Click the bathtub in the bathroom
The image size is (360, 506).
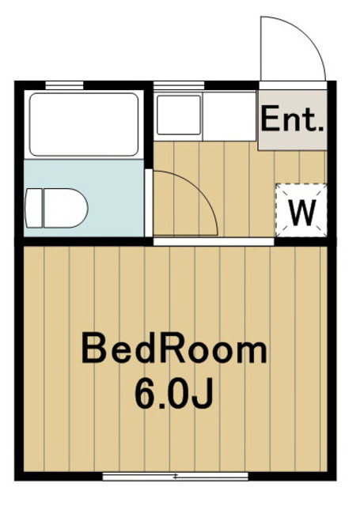84,124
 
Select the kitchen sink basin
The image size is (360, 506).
177,115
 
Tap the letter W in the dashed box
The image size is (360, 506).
301,210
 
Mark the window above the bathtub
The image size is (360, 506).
64,84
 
